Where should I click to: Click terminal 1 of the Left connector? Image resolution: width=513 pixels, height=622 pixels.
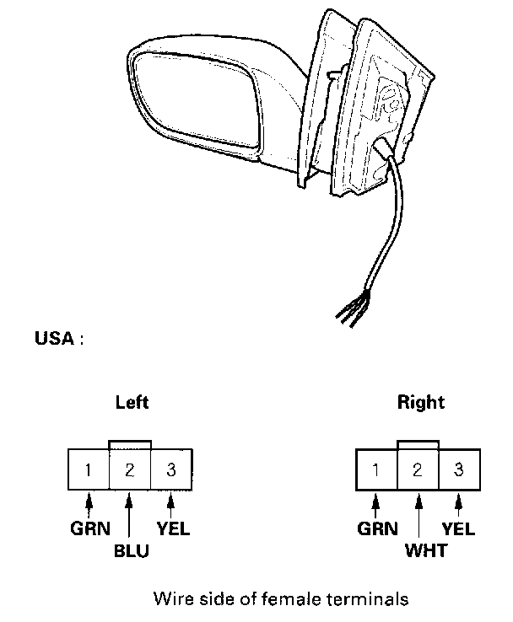click(x=89, y=469)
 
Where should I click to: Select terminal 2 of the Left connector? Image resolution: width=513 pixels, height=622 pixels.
click(x=130, y=469)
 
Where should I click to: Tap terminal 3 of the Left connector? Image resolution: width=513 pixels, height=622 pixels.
click(x=171, y=469)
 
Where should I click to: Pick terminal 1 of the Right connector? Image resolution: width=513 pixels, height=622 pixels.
click(x=376, y=469)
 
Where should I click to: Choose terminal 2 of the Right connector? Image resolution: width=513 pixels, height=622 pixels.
click(x=418, y=469)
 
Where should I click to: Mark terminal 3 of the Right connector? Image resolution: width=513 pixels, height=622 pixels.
click(x=459, y=469)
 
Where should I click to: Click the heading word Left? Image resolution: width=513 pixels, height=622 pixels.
click(x=132, y=403)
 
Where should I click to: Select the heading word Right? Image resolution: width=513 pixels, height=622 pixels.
click(x=420, y=403)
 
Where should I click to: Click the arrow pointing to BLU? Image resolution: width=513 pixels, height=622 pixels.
click(x=130, y=518)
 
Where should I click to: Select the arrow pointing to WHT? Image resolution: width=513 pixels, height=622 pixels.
click(x=418, y=518)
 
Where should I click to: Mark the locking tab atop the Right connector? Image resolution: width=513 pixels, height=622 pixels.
click(x=418, y=444)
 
